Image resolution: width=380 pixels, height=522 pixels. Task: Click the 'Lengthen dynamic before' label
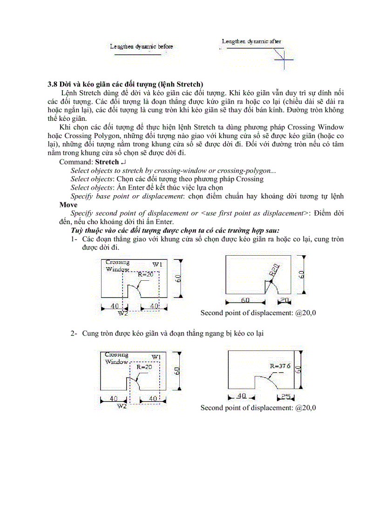[141, 46]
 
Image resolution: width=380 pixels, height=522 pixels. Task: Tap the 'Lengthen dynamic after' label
[251, 41]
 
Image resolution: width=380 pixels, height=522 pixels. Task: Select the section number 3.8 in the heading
[52, 84]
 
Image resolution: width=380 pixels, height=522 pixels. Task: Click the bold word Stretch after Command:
[107, 162]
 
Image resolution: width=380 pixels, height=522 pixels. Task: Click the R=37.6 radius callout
[280, 366]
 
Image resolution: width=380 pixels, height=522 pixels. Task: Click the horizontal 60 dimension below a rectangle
[245, 300]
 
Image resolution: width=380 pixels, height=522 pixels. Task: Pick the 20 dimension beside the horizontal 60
[285, 300]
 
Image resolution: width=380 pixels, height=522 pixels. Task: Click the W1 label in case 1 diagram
[157, 264]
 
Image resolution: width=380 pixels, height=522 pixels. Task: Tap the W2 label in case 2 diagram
[122, 406]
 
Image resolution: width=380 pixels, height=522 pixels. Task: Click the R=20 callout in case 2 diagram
[144, 367]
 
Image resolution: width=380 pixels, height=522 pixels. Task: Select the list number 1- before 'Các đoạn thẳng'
[74, 239]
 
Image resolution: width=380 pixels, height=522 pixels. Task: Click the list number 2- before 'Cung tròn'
[74, 333]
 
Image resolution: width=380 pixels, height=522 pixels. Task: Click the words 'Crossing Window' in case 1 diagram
[117, 265]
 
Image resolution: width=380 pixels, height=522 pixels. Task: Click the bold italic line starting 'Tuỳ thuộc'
[175, 231]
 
